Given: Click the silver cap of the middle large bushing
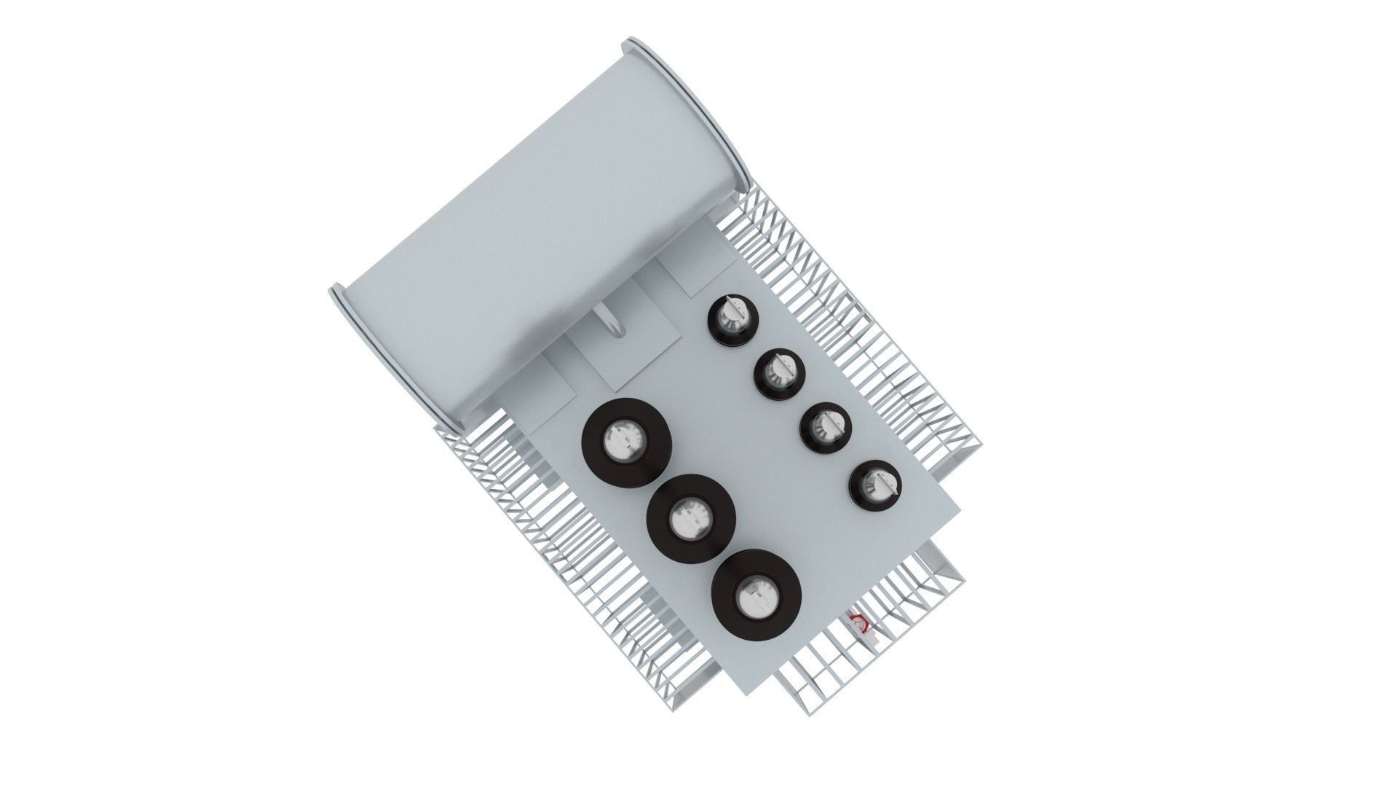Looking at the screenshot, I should tap(691, 518).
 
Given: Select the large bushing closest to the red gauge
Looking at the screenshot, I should tap(757, 595).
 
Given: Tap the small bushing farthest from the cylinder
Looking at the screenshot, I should tap(874, 483).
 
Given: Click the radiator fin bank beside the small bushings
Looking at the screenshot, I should tap(859, 321).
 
